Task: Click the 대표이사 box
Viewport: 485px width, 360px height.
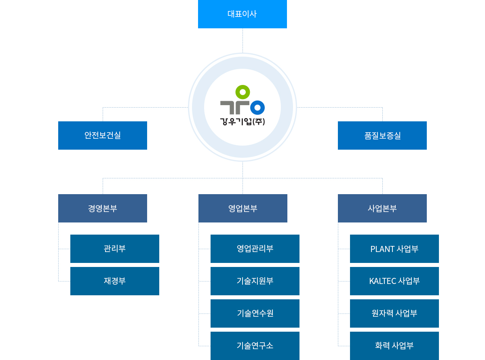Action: tap(242, 14)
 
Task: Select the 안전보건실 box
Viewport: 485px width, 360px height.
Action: tap(103, 136)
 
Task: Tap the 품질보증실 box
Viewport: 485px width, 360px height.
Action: tap(382, 136)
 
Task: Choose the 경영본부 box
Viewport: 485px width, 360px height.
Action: tap(103, 208)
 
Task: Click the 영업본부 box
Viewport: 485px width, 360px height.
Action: tap(243, 208)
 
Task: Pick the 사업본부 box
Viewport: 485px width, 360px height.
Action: tap(382, 208)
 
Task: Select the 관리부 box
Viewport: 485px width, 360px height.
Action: tap(115, 249)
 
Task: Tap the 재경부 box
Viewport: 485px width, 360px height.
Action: tap(115, 281)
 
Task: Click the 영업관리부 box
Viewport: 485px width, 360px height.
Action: tap(255, 249)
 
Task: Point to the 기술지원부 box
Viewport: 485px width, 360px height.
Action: tap(255, 281)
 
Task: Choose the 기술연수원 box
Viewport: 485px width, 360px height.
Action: tap(255, 313)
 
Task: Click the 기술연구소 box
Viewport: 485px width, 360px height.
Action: tap(255, 346)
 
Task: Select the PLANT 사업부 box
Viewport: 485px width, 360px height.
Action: tap(394, 249)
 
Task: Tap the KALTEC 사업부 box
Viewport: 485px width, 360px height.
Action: tap(394, 281)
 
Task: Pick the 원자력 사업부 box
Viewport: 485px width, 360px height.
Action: tap(394, 313)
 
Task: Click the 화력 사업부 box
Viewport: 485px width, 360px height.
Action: tap(394, 346)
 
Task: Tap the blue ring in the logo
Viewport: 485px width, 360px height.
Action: tap(257, 108)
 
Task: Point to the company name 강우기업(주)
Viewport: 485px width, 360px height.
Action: tap(242, 121)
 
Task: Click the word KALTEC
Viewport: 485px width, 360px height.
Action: tap(383, 281)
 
